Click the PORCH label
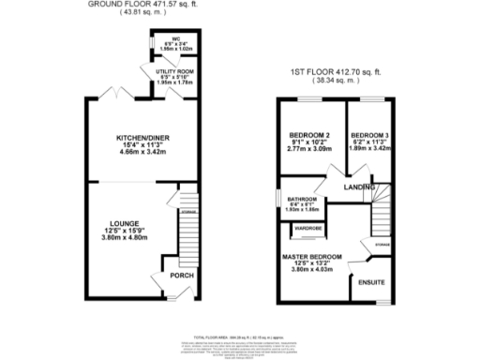180,277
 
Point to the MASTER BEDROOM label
313,256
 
